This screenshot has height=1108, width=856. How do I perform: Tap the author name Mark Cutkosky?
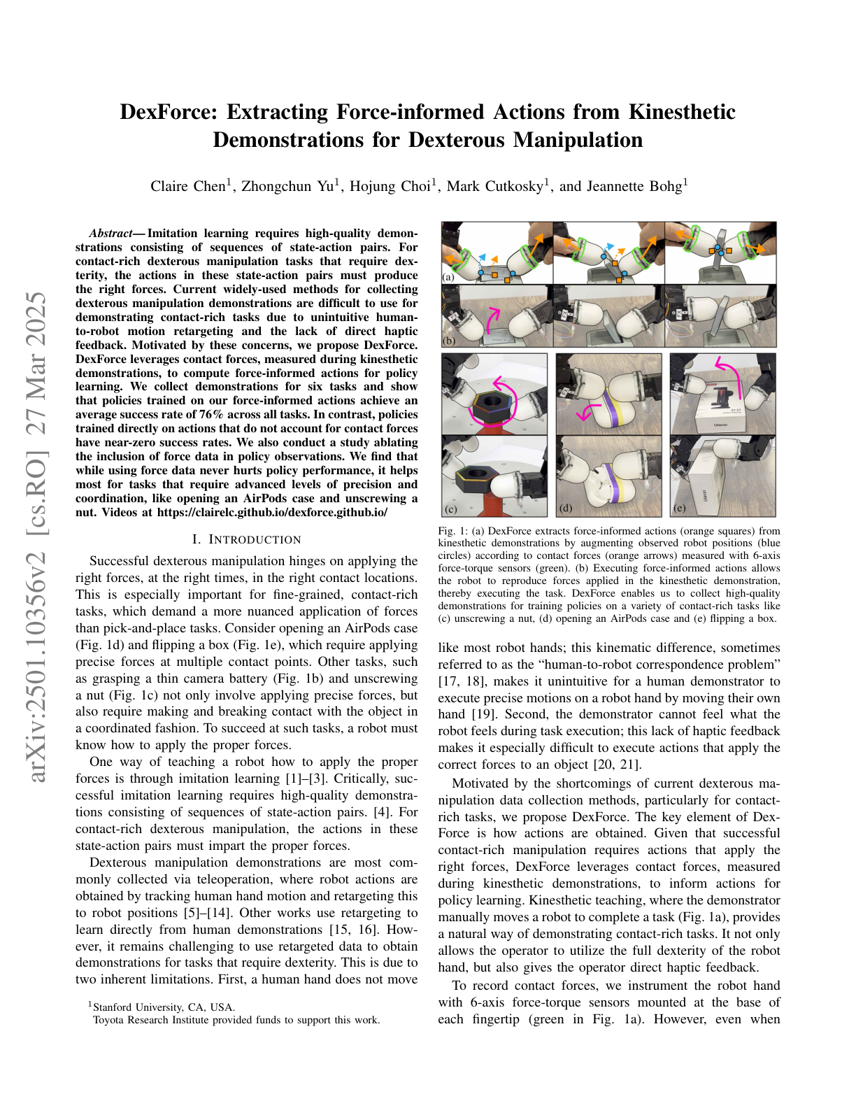pyautogui.click(x=495, y=186)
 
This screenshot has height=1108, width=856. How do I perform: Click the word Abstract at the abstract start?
pyautogui.click(x=110, y=233)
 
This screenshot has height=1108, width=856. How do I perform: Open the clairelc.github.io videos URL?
pyautogui.click(x=272, y=513)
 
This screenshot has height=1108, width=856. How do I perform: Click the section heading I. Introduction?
pyautogui.click(x=246, y=540)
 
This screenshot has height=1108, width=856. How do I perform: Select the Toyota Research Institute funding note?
pyautogui.click(x=236, y=1020)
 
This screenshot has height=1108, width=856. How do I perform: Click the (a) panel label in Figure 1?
pyautogui.click(x=448, y=277)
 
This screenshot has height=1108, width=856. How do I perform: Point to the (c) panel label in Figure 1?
pyautogui.click(x=451, y=509)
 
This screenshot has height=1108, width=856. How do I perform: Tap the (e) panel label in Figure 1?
pyautogui.click(x=679, y=508)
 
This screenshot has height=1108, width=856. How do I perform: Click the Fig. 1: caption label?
pyautogui.click(x=452, y=531)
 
